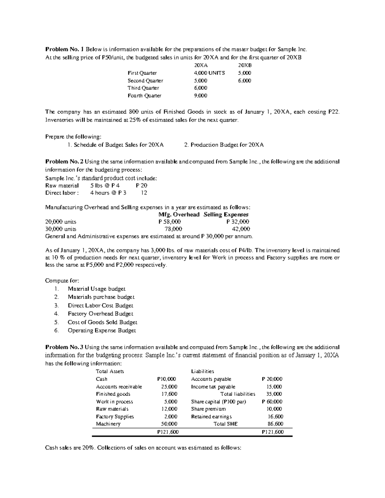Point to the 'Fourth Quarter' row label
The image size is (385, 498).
(x=144, y=96)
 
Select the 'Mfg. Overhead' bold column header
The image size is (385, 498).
(x=179, y=215)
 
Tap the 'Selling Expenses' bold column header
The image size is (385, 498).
(x=226, y=215)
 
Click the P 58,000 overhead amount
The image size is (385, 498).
(x=170, y=222)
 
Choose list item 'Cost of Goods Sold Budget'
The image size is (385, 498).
(x=102, y=322)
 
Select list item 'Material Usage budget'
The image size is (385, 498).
(x=97, y=289)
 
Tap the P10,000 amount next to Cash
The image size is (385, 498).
(x=167, y=379)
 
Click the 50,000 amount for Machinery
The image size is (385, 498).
(x=169, y=424)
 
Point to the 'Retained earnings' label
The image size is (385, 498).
(x=211, y=417)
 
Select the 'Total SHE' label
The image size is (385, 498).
(x=226, y=424)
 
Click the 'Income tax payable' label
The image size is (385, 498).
(x=213, y=387)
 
